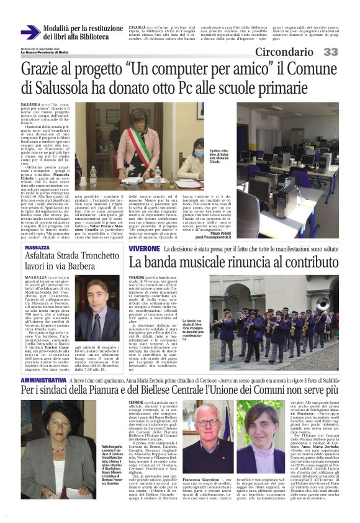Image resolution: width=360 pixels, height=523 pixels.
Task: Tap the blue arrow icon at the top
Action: point(30,32)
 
